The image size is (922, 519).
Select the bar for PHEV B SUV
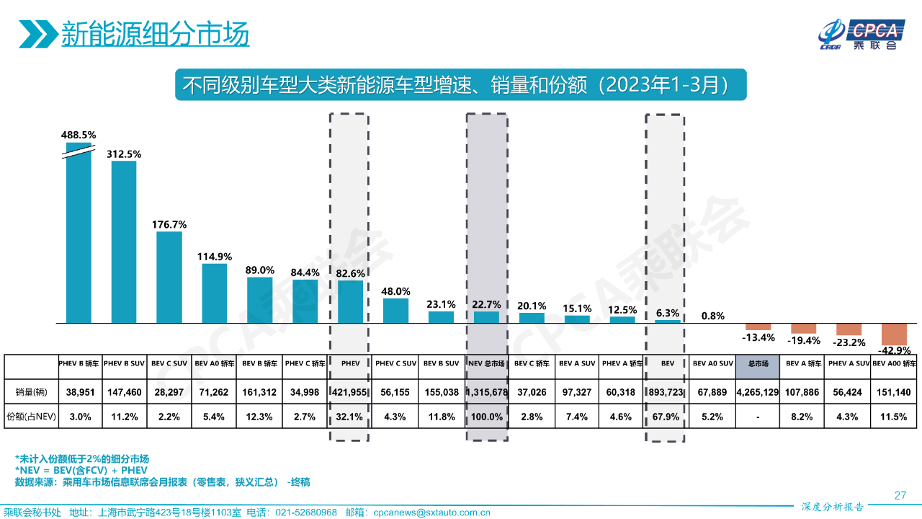tap(124, 241)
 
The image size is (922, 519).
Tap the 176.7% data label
tap(169, 224)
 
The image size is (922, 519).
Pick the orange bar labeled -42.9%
tap(894, 334)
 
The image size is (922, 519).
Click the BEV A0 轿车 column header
tap(215, 364)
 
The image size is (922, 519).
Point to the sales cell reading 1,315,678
tap(486, 391)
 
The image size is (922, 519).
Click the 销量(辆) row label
tap(31, 391)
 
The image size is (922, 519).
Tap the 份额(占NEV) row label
tap(31, 417)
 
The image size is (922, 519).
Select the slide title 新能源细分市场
tap(155, 33)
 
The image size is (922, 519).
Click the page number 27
tap(900, 495)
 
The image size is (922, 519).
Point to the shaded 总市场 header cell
tap(757, 364)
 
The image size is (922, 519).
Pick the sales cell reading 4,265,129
tap(757, 391)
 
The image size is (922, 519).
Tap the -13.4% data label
tap(758, 337)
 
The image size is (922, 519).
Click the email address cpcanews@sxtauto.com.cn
tap(431, 513)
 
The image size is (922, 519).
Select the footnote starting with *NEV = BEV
tap(81, 470)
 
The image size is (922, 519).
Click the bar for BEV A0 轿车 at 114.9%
tap(215, 293)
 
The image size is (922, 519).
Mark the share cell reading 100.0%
tap(486, 417)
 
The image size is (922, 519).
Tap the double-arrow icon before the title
tap(37, 34)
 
